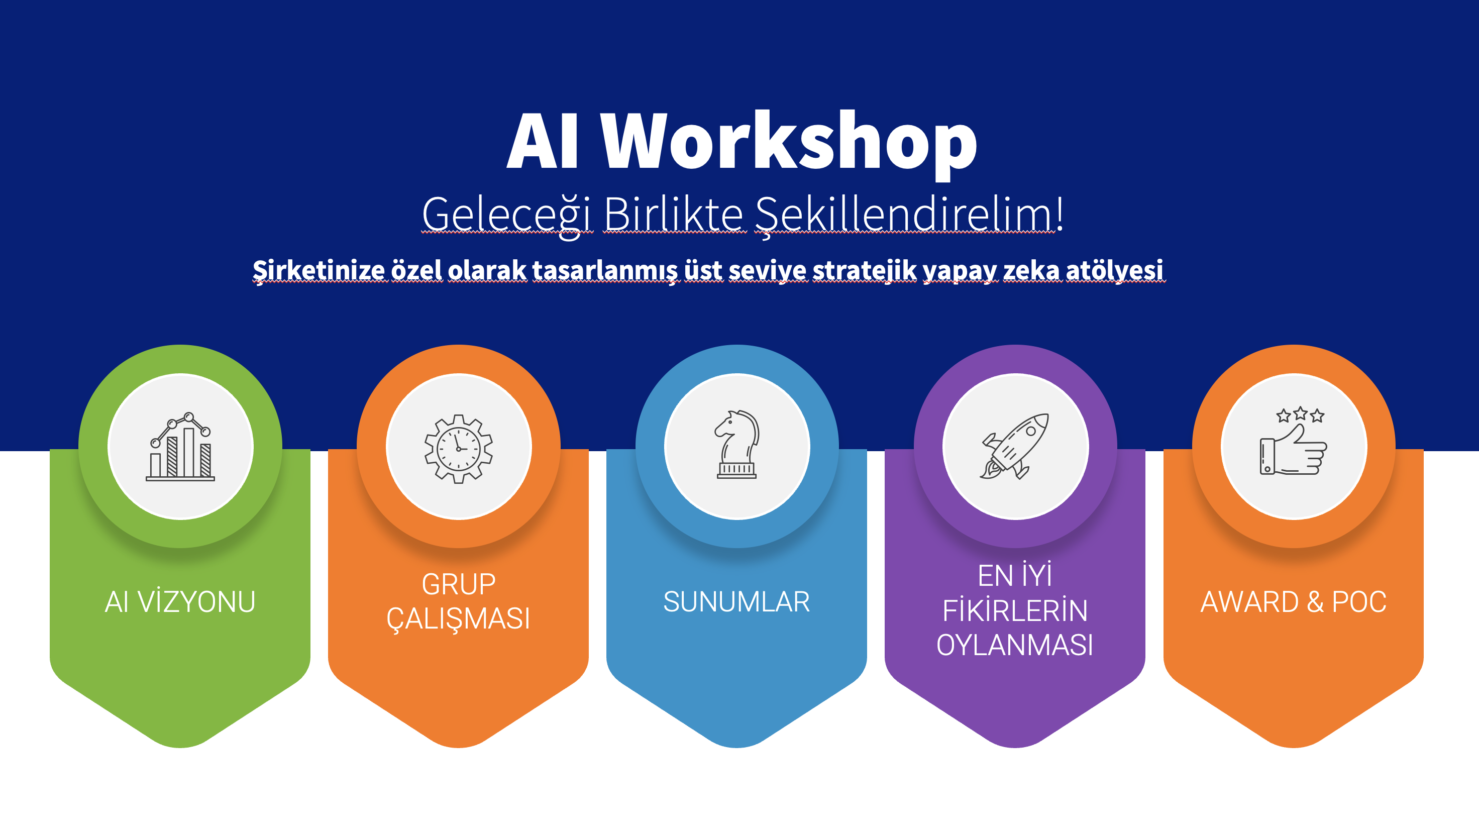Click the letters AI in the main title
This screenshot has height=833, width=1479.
point(542,141)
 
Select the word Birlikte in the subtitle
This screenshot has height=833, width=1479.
point(674,214)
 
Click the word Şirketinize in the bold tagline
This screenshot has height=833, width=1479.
point(319,270)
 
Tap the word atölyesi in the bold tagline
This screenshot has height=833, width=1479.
point(1114,270)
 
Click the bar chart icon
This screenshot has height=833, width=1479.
point(180,446)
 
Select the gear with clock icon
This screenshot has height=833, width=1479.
point(458,448)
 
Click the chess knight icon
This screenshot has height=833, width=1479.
point(736,444)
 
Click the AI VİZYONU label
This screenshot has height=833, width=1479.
point(180,602)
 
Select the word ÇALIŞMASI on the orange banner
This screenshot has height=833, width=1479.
point(458,619)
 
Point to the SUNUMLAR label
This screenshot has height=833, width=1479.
point(736,602)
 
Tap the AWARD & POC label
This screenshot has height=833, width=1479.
point(1293,602)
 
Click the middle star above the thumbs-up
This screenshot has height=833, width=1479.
point(1301,413)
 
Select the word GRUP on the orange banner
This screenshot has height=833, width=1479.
point(458,584)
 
